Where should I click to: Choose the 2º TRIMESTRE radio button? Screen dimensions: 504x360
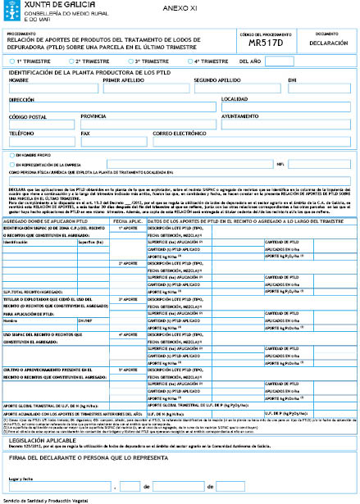coord(71,61)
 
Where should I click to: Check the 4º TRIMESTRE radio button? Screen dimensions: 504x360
coord(190,61)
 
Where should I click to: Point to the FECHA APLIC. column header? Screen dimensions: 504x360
coord(130,221)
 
